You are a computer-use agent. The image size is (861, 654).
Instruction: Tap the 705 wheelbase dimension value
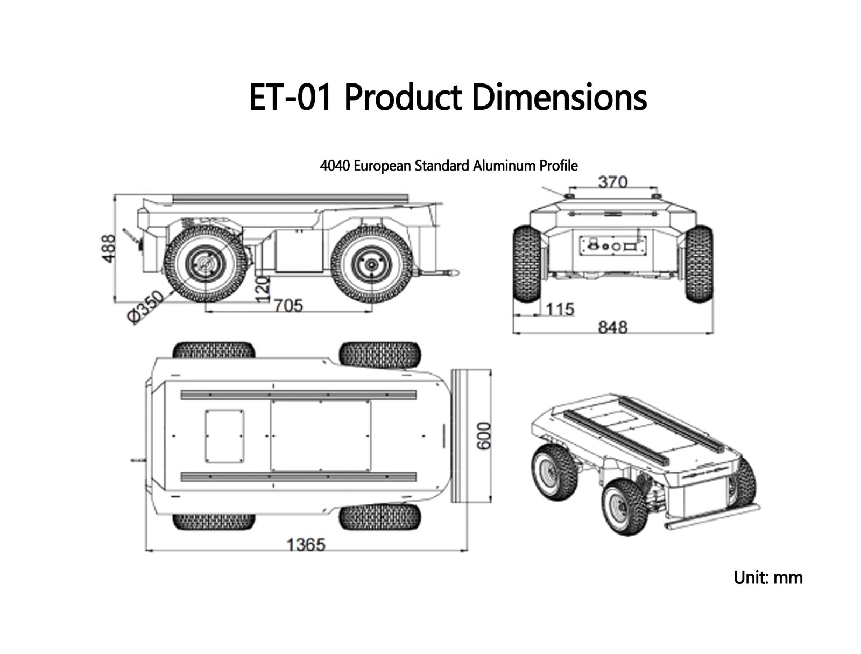(288, 306)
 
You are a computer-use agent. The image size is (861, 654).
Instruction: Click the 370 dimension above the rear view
(613, 182)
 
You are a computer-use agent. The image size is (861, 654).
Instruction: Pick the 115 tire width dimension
(560, 310)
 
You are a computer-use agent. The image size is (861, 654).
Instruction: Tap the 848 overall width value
(613, 327)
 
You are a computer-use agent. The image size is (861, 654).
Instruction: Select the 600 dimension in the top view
(484, 436)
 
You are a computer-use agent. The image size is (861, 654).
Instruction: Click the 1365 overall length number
(306, 545)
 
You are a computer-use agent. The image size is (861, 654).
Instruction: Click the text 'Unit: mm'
(768, 578)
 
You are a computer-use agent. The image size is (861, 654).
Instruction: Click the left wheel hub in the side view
(206, 265)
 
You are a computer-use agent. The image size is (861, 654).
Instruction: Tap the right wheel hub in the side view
(370, 265)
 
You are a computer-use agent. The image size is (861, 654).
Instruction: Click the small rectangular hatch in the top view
(224, 437)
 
